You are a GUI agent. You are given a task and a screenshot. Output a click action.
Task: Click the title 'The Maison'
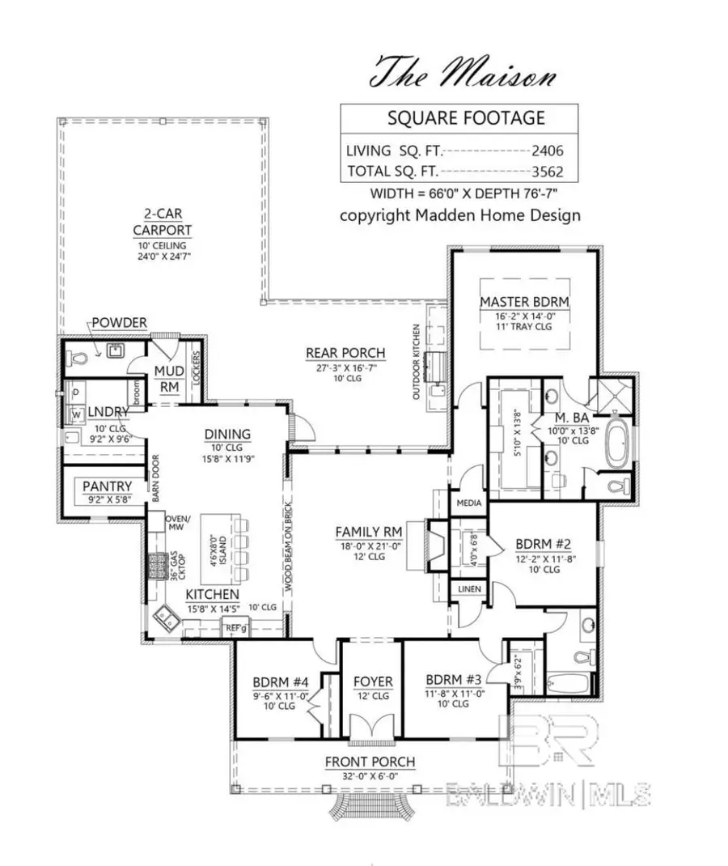[x=463, y=72]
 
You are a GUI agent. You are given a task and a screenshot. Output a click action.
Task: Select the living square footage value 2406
[x=547, y=150]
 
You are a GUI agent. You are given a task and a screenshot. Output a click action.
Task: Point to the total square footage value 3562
[x=547, y=171]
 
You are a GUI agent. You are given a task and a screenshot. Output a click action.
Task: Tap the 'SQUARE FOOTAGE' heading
[x=465, y=118]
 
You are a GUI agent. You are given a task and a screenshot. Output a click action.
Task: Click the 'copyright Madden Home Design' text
[x=459, y=215]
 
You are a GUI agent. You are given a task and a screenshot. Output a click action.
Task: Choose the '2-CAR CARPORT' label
[x=163, y=222]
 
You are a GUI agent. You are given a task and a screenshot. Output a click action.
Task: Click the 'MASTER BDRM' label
[x=524, y=302]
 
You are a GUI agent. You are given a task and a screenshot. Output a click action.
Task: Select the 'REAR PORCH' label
[x=345, y=353]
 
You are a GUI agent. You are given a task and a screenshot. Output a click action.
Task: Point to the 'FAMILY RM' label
[x=369, y=531]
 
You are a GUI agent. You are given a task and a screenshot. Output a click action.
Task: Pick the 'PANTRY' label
[x=107, y=486]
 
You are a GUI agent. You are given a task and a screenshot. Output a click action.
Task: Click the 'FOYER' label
[x=373, y=681]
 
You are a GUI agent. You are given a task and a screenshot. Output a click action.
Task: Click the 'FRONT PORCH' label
[x=370, y=762]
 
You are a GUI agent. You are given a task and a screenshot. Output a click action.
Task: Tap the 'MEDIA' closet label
[x=469, y=503]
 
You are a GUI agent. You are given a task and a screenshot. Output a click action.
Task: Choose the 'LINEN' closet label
[x=469, y=588]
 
